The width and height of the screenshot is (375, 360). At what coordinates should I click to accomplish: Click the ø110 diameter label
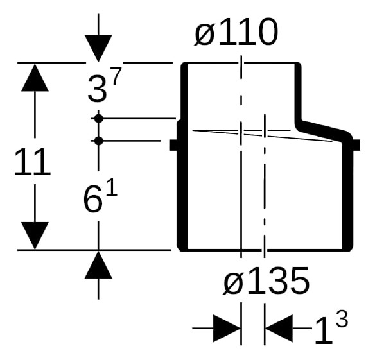click(236, 32)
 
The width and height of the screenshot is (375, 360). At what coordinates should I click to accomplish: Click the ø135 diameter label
click(266, 280)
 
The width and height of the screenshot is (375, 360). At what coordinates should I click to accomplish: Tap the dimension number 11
click(32, 162)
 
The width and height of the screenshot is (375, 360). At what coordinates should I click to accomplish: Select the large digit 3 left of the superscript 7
click(97, 89)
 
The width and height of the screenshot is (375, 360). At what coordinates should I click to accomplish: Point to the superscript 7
click(116, 76)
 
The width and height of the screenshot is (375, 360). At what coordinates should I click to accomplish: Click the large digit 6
click(93, 200)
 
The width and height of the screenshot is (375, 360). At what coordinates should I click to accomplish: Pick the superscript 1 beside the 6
click(112, 187)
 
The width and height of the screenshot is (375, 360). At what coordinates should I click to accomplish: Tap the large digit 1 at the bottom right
click(324, 331)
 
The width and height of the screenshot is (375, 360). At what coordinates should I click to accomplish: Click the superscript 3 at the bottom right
click(342, 320)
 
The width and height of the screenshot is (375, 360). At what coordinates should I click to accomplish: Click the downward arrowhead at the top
click(98, 48)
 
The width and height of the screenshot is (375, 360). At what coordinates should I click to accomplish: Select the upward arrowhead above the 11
click(35, 78)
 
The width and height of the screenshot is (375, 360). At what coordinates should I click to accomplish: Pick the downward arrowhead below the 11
click(35, 236)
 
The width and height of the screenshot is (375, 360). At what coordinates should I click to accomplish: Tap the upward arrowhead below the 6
click(98, 265)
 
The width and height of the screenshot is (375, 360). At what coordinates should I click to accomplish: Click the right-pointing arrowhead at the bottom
click(227, 329)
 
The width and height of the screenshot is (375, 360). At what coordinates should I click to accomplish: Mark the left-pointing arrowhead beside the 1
click(279, 329)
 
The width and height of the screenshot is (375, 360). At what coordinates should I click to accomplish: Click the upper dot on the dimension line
click(98, 119)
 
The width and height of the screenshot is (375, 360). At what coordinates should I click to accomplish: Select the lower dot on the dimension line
click(98, 141)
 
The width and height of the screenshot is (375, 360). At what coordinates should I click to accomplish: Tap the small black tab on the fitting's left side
click(173, 145)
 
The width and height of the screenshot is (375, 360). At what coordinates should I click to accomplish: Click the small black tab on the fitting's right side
click(356, 145)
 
